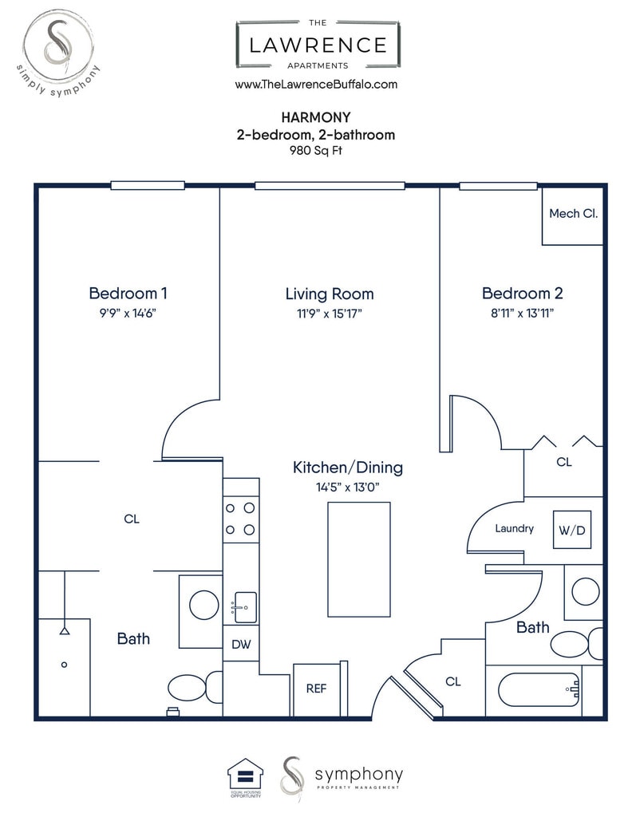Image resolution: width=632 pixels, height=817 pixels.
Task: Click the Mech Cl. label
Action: (573, 214)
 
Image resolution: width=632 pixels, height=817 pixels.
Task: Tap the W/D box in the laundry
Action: (572, 530)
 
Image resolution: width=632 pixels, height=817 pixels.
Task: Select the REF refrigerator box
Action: (316, 689)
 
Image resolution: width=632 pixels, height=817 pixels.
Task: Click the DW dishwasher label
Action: (241, 645)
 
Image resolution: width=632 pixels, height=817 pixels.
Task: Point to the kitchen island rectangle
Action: (359, 559)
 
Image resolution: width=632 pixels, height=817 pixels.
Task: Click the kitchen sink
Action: (245, 607)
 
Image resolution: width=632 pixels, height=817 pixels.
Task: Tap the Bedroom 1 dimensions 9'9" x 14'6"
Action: (128, 313)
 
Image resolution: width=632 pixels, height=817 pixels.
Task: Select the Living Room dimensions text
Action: (330, 313)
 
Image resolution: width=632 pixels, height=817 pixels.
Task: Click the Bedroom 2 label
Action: (522, 294)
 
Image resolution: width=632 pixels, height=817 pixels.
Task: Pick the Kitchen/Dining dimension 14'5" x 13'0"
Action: (348, 487)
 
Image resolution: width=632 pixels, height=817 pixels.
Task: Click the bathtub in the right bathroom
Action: (539, 689)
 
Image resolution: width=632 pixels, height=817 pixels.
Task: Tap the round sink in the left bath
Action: (203, 605)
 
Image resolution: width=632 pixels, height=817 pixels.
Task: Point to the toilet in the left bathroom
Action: (196, 688)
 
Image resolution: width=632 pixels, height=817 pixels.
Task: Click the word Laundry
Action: (514, 528)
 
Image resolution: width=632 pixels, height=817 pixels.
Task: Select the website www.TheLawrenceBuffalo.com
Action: (316, 85)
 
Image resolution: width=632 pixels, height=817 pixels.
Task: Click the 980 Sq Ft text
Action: (316, 151)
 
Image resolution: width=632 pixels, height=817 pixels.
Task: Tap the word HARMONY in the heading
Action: (316, 117)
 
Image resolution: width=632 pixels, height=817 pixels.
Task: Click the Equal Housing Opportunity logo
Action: (246, 777)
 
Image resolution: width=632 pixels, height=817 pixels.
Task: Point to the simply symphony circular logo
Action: (58, 52)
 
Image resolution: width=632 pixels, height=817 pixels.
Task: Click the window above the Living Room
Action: (330, 185)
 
